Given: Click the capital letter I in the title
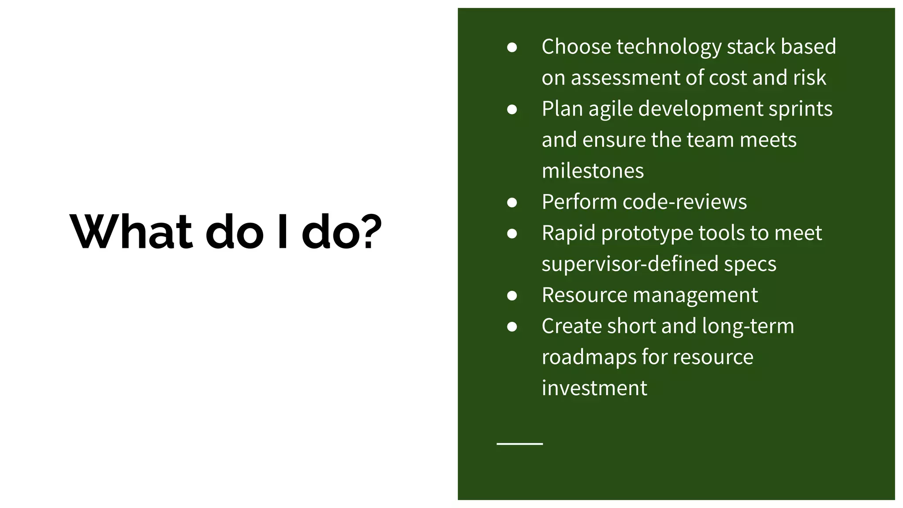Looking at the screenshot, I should point(283,232).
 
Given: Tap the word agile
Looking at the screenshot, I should point(610,109).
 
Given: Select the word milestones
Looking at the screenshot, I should point(593,171).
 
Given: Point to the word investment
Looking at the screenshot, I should point(594,388).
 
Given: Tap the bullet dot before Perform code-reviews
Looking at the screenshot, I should point(512,202).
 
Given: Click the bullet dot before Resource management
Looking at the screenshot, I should point(512,295).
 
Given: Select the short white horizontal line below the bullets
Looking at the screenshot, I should point(519,444).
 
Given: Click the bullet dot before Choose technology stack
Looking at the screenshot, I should point(512,47).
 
